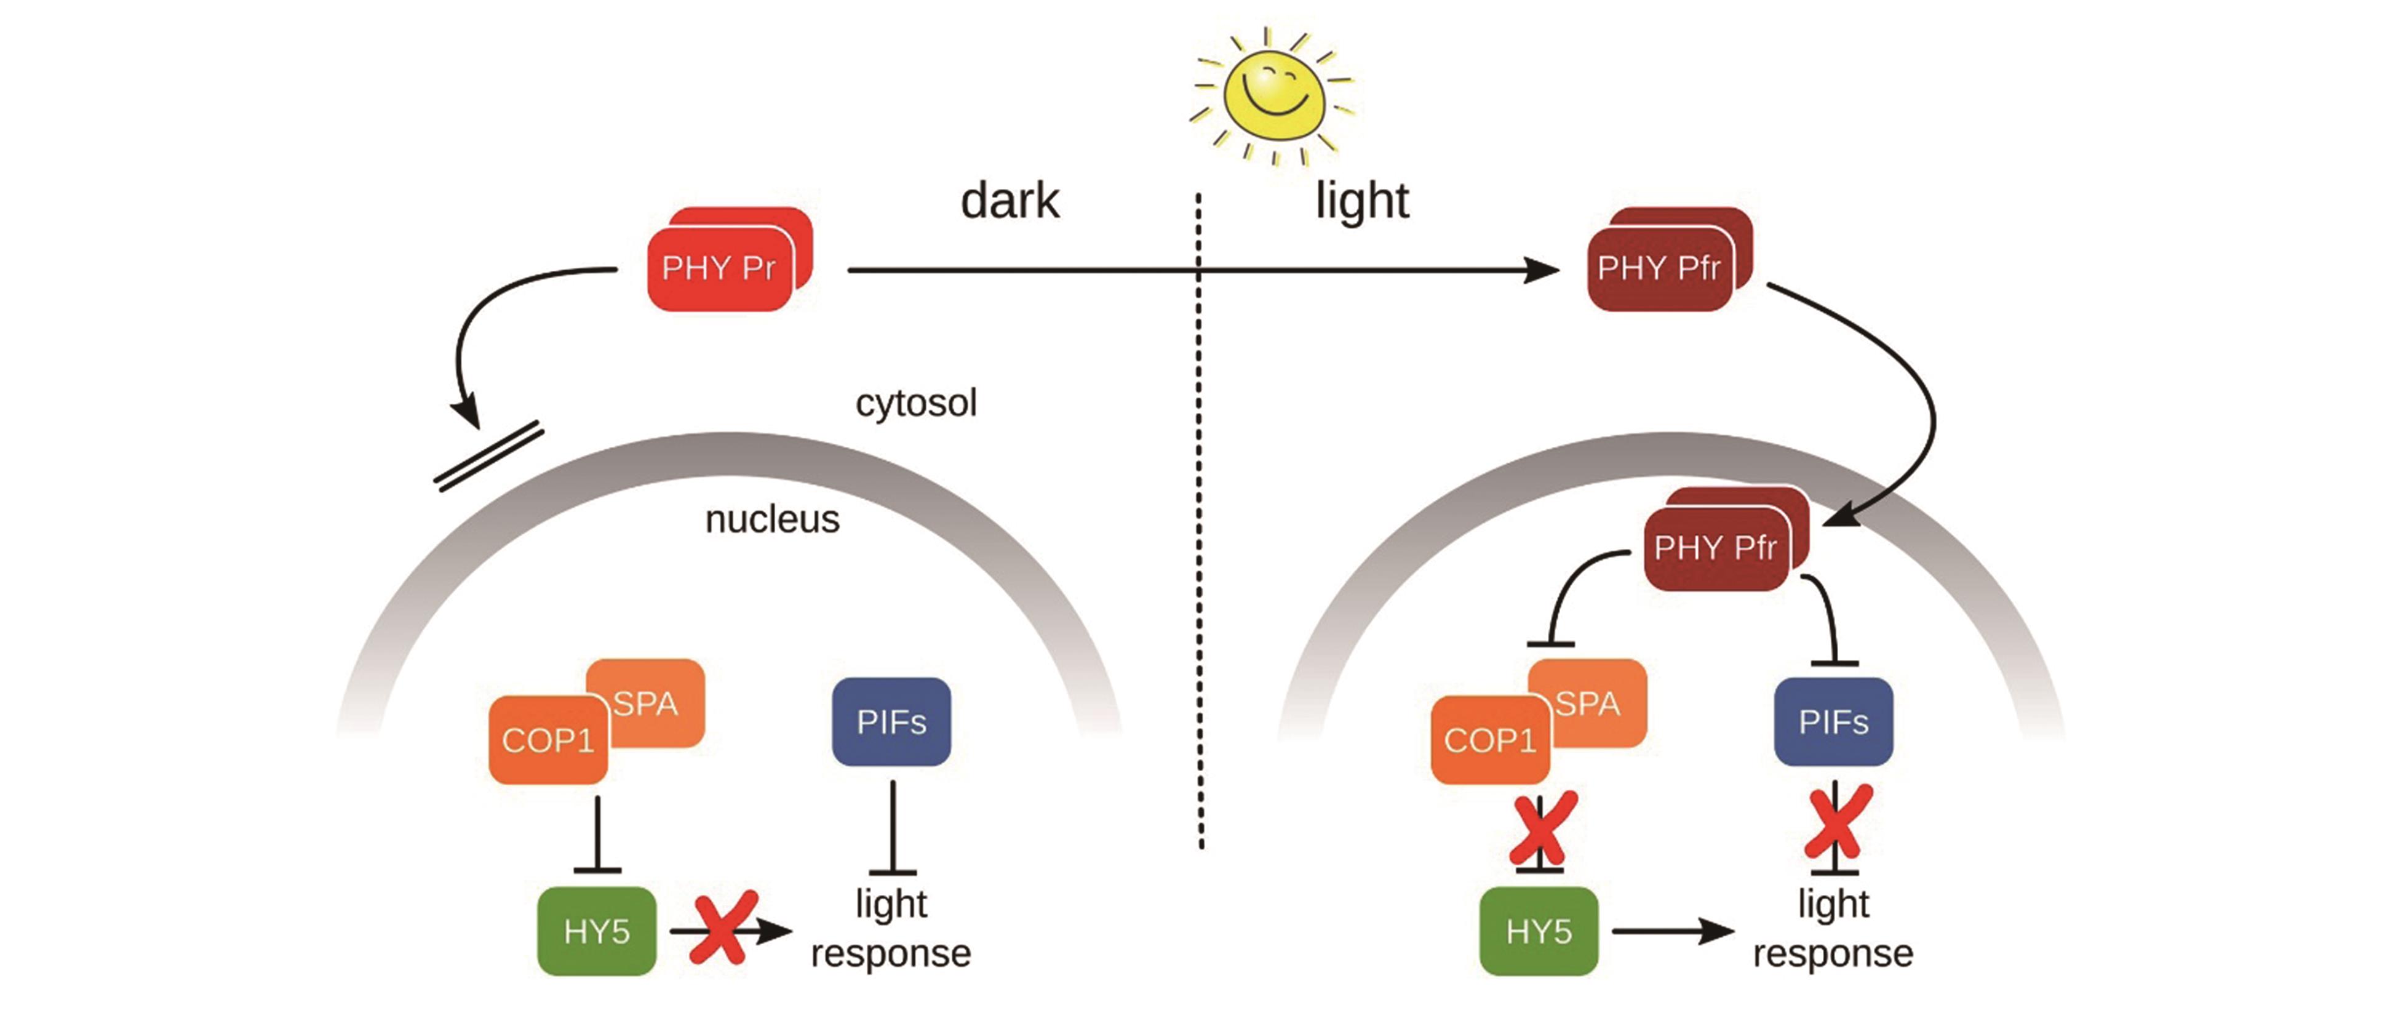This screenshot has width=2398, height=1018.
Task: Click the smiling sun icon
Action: (x=1273, y=93)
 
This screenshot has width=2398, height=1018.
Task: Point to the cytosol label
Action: (x=916, y=403)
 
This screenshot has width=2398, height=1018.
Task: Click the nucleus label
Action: (x=771, y=519)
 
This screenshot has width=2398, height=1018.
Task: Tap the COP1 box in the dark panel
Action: (x=548, y=740)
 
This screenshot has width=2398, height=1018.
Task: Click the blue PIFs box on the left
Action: (x=891, y=722)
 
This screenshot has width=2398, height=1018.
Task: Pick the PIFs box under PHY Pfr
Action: (x=1833, y=722)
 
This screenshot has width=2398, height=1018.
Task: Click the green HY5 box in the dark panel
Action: (x=597, y=931)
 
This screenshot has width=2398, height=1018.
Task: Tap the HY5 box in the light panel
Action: (x=1539, y=931)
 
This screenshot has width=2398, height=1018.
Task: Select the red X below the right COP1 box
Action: (x=1542, y=828)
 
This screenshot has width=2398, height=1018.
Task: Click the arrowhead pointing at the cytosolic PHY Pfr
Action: (x=1540, y=270)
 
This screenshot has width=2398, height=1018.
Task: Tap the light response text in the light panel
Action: (x=1832, y=929)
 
